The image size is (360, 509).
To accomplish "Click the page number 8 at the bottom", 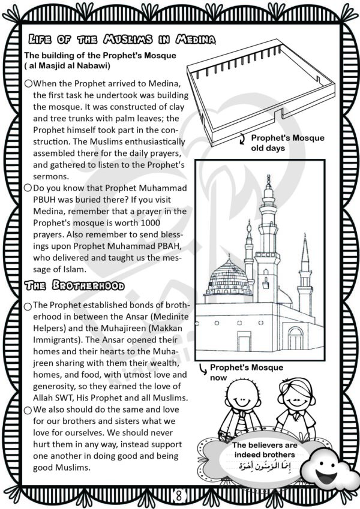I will click(179, 495).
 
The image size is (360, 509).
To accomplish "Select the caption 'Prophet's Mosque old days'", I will click(287, 143).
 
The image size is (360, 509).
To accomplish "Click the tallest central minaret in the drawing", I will click(268, 240).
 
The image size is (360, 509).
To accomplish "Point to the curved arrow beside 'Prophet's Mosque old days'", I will click(242, 140).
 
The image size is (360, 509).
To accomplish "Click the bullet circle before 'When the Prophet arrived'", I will click(28, 85).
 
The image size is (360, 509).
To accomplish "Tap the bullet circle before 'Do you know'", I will click(28, 188).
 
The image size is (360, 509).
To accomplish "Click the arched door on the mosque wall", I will click(295, 339).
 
